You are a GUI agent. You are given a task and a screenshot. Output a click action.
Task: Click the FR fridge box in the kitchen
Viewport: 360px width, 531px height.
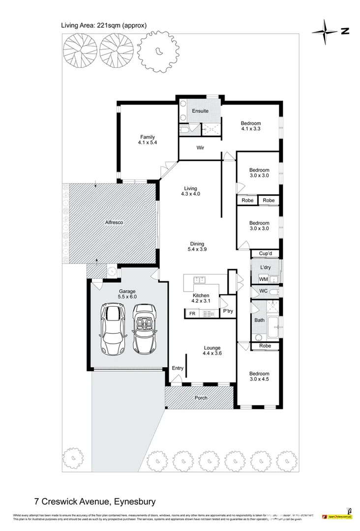point(192,312)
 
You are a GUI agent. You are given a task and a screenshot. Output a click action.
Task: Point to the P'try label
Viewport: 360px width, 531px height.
point(228,312)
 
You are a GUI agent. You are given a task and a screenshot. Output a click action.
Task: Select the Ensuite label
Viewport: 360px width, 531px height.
point(200,111)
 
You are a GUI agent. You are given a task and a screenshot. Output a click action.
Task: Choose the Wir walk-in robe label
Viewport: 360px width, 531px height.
point(200,147)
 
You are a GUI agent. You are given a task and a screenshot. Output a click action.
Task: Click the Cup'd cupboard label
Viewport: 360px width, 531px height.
point(266,254)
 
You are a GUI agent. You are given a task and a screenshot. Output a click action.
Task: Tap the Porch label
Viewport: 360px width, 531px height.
point(201,398)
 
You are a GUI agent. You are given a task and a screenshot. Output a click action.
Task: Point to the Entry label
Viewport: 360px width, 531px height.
point(177,368)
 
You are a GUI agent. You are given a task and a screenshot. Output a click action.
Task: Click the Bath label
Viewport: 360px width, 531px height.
point(259,320)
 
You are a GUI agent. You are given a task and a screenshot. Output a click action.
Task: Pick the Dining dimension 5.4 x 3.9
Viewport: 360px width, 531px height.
point(197,249)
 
